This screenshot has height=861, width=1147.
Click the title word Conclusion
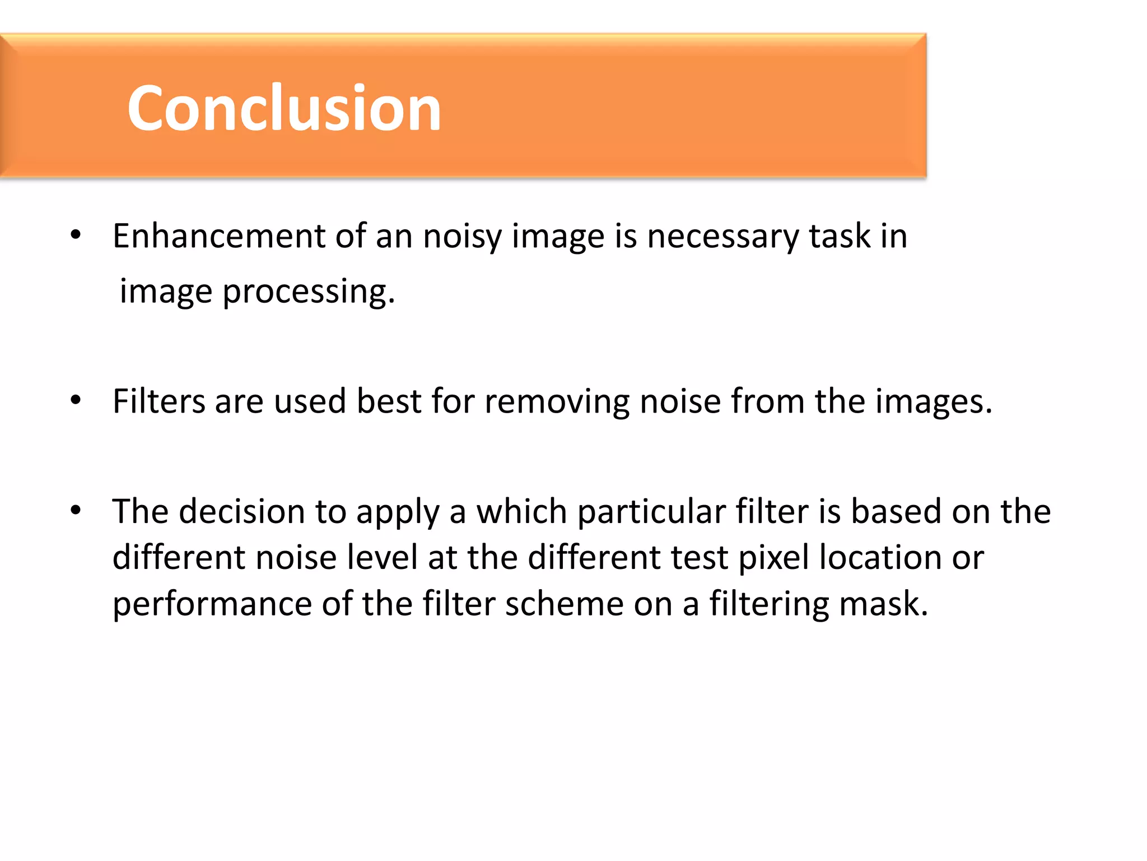284,108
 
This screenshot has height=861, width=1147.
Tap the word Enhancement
219,236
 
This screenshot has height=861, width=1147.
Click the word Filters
159,401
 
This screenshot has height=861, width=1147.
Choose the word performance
212,604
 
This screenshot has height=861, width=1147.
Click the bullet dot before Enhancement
76,235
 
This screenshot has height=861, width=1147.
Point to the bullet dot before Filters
76,400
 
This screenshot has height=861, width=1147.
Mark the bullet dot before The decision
76,510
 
